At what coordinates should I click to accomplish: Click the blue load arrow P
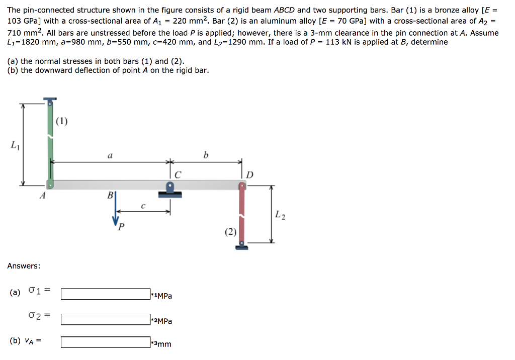(x=116, y=211)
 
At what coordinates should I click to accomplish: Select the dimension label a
(x=110, y=156)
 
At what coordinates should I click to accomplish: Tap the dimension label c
(x=143, y=206)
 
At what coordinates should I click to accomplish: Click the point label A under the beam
(x=43, y=197)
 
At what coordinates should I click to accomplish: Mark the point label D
(x=250, y=175)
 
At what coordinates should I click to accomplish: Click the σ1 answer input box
(x=105, y=294)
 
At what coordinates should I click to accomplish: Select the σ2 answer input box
(x=105, y=319)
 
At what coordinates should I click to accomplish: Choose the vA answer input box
(x=105, y=342)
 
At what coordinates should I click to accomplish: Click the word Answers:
(x=24, y=265)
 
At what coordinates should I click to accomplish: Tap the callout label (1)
(x=61, y=121)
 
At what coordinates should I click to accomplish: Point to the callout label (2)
(x=230, y=232)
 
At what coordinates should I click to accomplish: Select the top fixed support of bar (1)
(x=49, y=101)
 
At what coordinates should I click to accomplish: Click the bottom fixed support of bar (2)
(x=242, y=245)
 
